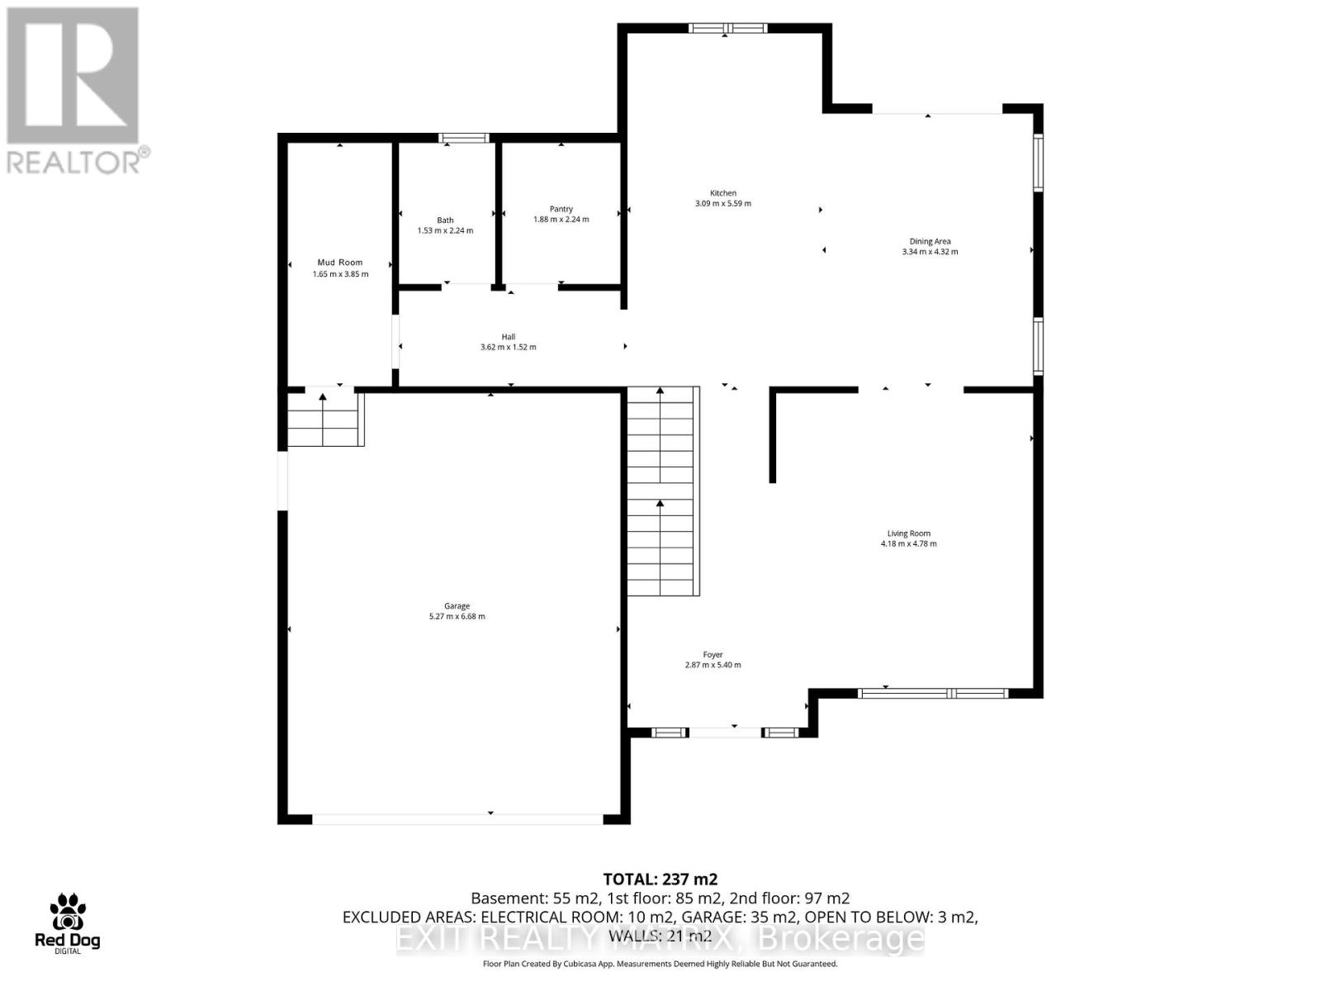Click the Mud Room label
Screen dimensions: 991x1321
point(340,263)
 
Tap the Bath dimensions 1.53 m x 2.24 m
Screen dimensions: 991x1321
point(445,231)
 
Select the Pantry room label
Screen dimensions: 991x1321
point(561,209)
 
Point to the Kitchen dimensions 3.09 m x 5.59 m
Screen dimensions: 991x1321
point(723,203)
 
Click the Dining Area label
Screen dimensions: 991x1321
point(930,241)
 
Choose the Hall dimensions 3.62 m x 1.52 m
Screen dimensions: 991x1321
point(509,348)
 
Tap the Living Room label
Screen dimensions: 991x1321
point(909,533)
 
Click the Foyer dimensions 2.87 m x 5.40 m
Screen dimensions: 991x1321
point(713,665)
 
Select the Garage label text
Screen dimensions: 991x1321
point(457,606)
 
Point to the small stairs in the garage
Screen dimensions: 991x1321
point(324,419)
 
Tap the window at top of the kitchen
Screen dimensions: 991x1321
point(728,29)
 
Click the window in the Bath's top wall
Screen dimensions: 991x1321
point(464,138)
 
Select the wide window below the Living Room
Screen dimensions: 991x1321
point(933,694)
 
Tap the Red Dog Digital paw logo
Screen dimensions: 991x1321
point(68,913)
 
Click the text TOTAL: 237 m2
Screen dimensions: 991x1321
point(660,880)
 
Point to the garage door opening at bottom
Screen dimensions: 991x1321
point(458,819)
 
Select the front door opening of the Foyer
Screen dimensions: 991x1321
point(725,733)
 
